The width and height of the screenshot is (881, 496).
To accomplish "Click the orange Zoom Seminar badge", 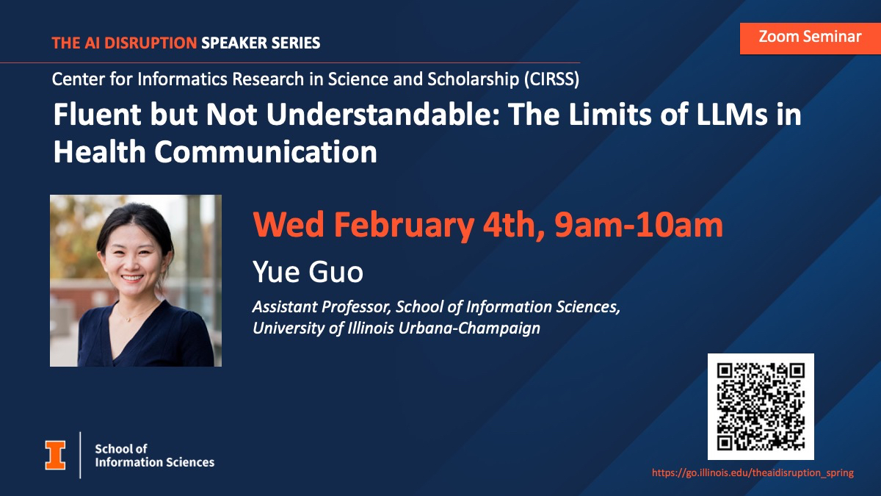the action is (811, 38).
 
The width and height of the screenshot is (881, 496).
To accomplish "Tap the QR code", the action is (761, 406).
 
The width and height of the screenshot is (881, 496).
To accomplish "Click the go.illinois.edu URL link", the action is (753, 472).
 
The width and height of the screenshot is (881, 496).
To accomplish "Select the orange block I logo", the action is (55, 455).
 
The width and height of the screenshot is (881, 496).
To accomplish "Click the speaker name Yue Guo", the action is (308, 272).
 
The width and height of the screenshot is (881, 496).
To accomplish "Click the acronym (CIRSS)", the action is (551, 79).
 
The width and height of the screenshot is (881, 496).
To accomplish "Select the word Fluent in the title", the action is (97, 115).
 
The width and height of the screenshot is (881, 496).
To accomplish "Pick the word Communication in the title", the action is (266, 152).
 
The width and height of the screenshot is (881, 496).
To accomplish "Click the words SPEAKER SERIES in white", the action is (261, 43).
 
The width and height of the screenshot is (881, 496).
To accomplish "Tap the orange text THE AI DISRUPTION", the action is (124, 43).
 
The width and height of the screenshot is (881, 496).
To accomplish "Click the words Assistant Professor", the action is (322, 306).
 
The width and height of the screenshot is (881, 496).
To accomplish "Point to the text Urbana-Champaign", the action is (469, 328).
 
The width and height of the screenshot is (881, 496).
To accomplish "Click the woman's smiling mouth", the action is (132, 278).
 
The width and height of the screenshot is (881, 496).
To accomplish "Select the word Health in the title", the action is (100, 152).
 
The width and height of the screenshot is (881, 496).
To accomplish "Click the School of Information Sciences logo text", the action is (155, 456).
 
